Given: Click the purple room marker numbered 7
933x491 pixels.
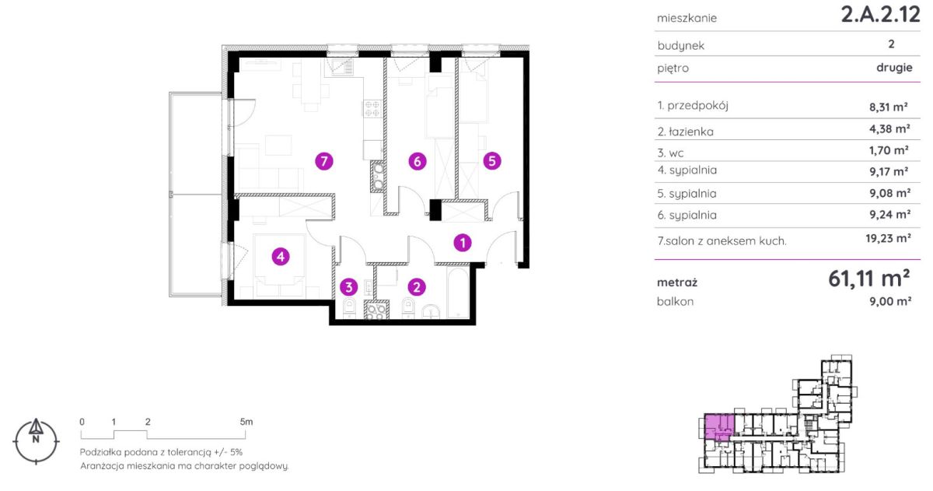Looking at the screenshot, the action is click(x=324, y=161).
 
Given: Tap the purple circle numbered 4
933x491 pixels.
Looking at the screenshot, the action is click(x=281, y=256).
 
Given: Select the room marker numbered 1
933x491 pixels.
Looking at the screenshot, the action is click(x=463, y=243).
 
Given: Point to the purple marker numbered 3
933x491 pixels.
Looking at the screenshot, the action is click(x=348, y=287).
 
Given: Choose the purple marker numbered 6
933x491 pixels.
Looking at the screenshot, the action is click(x=418, y=161).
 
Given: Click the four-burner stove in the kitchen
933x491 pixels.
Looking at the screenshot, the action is click(x=372, y=109).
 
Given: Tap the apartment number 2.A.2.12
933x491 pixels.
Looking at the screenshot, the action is click(x=880, y=15).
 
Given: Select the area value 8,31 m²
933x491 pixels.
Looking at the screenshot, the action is click(x=889, y=107).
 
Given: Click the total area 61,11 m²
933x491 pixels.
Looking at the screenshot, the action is click(x=869, y=279).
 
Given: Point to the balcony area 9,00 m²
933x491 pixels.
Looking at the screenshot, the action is click(x=890, y=301).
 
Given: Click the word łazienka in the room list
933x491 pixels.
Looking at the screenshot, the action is click(x=691, y=132).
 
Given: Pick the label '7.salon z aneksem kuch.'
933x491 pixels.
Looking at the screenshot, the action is click(x=722, y=241).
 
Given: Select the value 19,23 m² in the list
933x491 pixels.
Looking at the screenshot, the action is click(x=888, y=238).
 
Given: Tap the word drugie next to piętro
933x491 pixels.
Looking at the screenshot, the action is click(x=894, y=68).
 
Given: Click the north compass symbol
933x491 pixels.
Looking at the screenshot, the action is click(x=36, y=441).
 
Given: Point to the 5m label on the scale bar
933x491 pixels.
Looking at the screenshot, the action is click(x=246, y=422).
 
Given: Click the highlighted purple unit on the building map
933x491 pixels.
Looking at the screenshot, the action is click(x=719, y=427).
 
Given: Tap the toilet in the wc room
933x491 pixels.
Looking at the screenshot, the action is click(x=348, y=307).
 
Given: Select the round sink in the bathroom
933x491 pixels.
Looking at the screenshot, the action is click(x=432, y=311).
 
